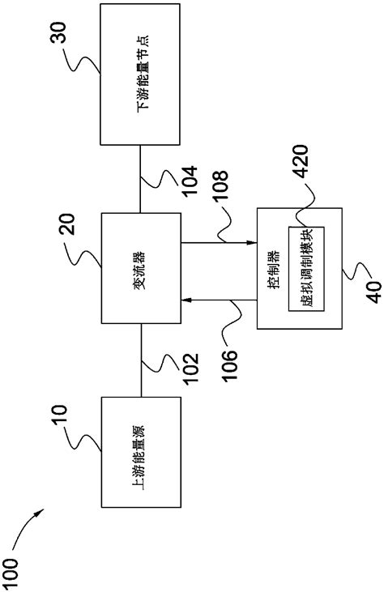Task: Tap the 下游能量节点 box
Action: [139, 74]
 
